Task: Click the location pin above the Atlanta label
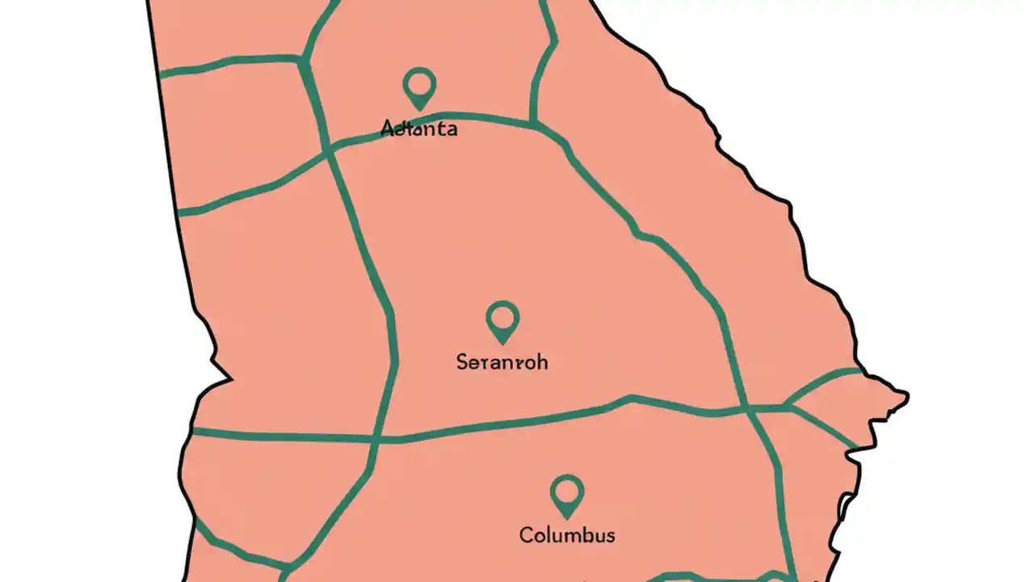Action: (419, 86)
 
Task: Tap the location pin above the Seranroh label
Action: (502, 319)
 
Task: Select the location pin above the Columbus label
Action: (567, 493)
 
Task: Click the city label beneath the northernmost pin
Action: (418, 129)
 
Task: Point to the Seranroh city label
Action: (502, 362)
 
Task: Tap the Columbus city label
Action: (567, 535)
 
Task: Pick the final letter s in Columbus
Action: (611, 535)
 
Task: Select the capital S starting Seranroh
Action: (462, 362)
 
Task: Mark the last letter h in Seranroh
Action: (543, 362)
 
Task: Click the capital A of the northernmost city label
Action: (387, 128)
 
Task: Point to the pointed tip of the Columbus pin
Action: (567, 516)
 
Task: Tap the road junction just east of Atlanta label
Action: (532, 123)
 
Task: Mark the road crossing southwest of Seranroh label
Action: (378, 440)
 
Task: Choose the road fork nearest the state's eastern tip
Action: (787, 406)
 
